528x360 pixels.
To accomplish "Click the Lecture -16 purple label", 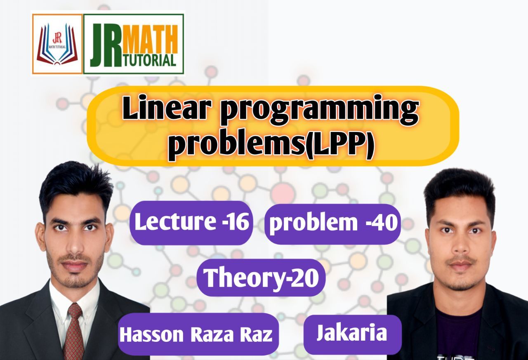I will [191, 223].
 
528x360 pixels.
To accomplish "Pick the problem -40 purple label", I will [332, 223].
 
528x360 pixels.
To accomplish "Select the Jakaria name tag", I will [352, 334].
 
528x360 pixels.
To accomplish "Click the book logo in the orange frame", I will [57, 44].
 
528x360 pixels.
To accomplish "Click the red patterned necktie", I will [74, 330].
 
